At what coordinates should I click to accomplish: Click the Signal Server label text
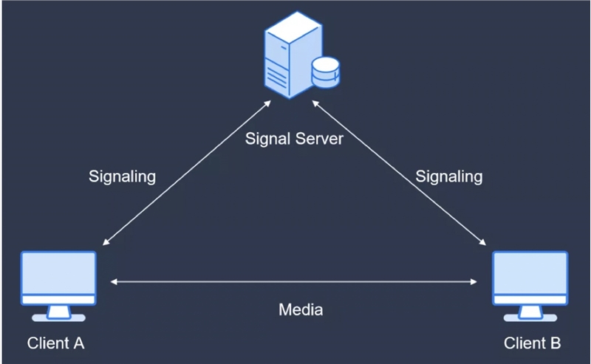pos(294,139)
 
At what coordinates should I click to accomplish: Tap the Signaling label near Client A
pos(122,176)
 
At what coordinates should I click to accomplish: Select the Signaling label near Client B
pos(449,176)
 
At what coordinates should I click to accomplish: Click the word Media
pos(301,310)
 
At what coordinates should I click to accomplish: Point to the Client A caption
pos(56,343)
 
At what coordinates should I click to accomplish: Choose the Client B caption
pos(532,343)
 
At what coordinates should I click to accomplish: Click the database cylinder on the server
pos(326,72)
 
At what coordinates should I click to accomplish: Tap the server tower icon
pos(293,55)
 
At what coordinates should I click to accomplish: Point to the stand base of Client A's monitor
pos(59,318)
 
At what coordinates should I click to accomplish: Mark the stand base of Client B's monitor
pos(530,318)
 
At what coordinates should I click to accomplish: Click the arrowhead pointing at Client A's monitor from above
pos(106,242)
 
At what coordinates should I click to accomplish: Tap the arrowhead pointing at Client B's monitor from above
pos(482,242)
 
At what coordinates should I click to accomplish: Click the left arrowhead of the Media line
pos(114,281)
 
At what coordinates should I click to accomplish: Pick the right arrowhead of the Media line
pos(474,281)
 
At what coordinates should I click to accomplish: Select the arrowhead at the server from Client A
pos(267,103)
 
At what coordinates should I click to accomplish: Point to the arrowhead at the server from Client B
pos(315,103)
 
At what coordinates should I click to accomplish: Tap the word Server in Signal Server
pos(319,139)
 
